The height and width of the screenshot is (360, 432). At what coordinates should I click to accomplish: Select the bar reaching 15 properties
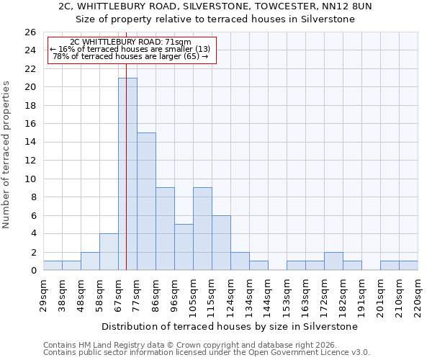146,202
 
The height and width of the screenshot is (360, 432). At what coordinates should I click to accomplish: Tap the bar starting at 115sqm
221,243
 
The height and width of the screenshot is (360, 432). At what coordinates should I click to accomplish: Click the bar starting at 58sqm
109,252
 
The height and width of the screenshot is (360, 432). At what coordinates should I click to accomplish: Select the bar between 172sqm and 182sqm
333,261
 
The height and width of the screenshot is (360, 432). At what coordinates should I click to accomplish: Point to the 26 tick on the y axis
30,32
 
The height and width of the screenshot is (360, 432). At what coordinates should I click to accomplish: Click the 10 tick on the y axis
30,179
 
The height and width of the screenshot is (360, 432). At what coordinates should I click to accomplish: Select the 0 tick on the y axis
33,271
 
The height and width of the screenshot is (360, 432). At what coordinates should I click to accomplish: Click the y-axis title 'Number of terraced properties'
6,155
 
